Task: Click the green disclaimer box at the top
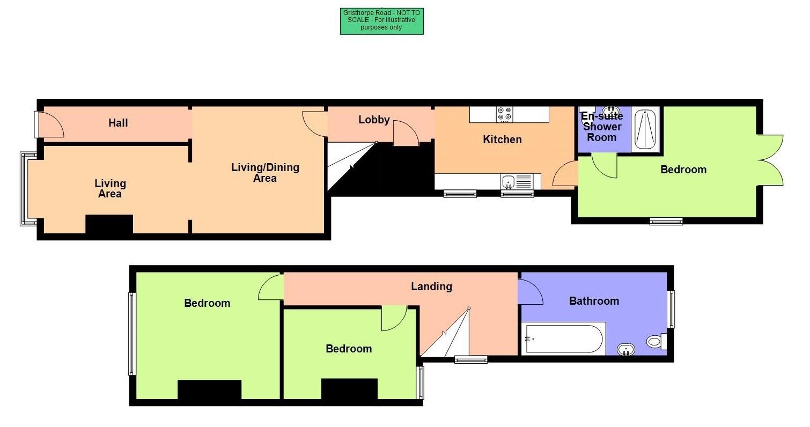pyautogui.click(x=381, y=21)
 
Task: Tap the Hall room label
pyautogui.click(x=118, y=123)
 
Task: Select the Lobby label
pyautogui.click(x=374, y=120)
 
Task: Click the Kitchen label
pyautogui.click(x=502, y=139)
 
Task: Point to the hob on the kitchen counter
pyautogui.click(x=504, y=114)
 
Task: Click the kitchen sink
pyautogui.click(x=509, y=182)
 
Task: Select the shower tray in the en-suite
pyautogui.click(x=645, y=129)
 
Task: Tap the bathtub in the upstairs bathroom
pyautogui.click(x=563, y=338)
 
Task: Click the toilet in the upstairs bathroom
pyautogui.click(x=656, y=341)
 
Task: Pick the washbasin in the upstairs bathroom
pyautogui.click(x=625, y=350)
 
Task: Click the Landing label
pyautogui.click(x=431, y=286)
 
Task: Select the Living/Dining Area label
pyautogui.click(x=265, y=172)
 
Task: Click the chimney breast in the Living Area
pyautogui.click(x=109, y=224)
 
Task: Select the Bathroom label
pyautogui.click(x=594, y=301)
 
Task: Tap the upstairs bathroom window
pyautogui.click(x=671, y=309)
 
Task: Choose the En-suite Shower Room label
pyautogui.click(x=602, y=127)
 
